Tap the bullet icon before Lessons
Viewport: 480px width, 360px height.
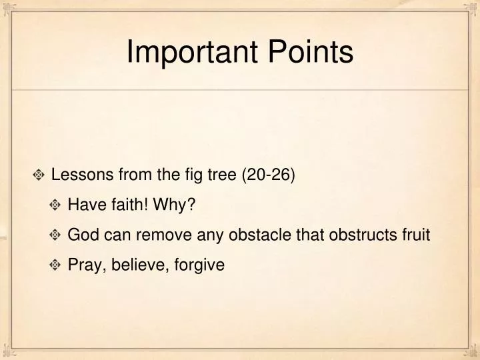(x=39, y=176)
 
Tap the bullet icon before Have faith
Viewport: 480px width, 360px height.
(x=56, y=205)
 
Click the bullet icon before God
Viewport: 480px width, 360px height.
(x=56, y=235)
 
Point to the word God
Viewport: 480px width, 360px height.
(x=82, y=235)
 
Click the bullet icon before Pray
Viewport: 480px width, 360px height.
(x=56, y=265)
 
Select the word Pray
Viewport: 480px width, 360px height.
(x=83, y=265)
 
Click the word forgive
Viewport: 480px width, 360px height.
(x=199, y=265)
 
